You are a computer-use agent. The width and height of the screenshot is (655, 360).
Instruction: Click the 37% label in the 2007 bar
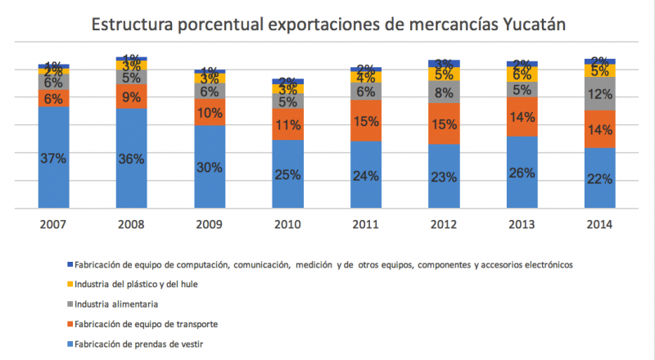click(53, 159)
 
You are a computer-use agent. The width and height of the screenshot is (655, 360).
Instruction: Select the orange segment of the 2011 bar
click(366, 121)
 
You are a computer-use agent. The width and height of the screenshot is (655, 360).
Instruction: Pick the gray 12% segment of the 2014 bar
click(600, 94)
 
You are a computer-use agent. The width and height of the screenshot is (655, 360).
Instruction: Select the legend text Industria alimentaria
click(115, 304)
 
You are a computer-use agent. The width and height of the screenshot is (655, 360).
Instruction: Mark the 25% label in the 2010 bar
click(287, 174)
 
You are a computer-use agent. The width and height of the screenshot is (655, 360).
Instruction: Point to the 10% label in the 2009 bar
click(210, 112)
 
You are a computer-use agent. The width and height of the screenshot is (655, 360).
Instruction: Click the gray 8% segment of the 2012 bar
click(444, 92)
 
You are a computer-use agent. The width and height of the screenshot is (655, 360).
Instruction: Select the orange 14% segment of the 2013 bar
click(522, 117)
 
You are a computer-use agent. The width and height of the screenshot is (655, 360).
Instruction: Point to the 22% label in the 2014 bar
click(600, 178)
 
